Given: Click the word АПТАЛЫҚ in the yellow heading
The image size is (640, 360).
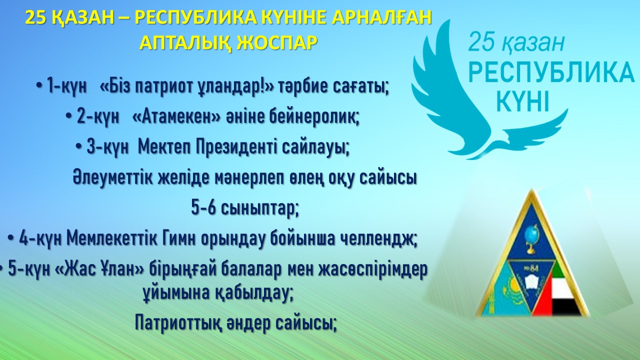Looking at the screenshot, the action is tap(185, 43).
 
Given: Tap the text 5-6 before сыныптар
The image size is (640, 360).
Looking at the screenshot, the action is tap(203, 208).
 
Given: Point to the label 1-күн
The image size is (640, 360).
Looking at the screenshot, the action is tap(67, 87).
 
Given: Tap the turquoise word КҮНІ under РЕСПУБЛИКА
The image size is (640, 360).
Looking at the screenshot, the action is tap(523, 101).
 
